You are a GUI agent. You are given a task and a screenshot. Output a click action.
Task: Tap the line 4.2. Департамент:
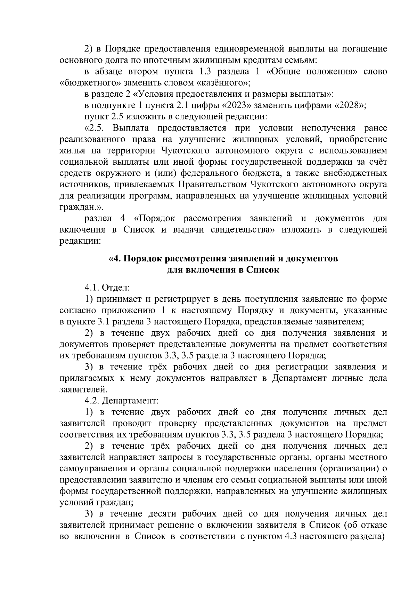pyautogui.click(x=121, y=401)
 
